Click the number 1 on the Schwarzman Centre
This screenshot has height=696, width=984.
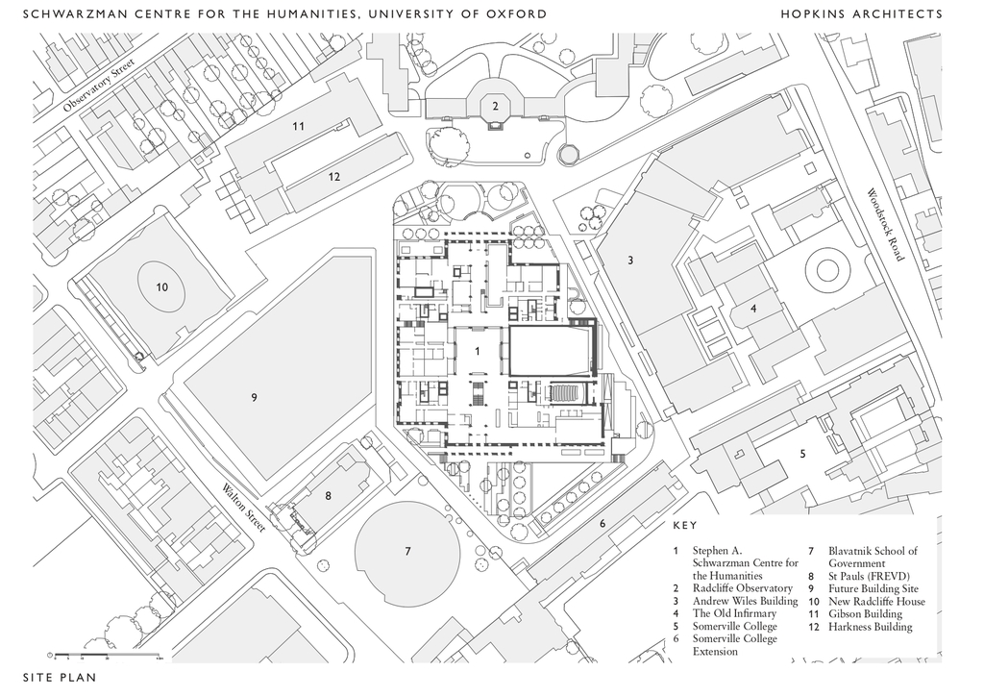(477, 352)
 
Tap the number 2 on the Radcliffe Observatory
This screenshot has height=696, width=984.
(495, 106)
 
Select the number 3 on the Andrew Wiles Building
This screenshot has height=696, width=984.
(630, 260)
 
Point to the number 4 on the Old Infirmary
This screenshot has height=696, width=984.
(753, 309)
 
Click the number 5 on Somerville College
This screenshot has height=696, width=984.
(802, 453)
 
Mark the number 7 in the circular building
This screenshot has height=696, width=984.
(407, 551)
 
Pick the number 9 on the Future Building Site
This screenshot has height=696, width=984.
(255, 397)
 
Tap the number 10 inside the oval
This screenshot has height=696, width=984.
(162, 286)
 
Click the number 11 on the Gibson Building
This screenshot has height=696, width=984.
(299, 126)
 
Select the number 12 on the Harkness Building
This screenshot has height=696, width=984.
(334, 176)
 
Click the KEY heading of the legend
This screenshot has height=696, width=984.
(685, 526)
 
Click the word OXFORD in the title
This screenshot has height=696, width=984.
(515, 13)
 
